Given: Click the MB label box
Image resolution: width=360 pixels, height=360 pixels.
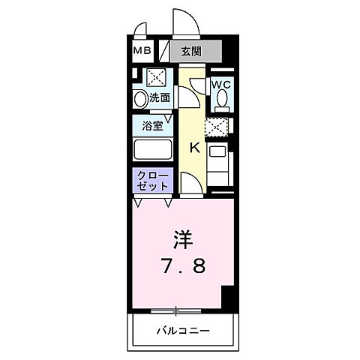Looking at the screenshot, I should [x=142, y=51].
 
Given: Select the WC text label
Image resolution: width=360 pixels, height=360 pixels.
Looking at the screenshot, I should [x=220, y=85].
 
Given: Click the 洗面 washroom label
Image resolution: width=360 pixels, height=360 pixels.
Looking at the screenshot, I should [x=159, y=97].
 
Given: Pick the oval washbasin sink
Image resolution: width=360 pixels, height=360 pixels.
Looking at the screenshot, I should [x=139, y=98].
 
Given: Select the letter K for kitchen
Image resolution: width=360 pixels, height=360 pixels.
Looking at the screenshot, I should [x=193, y=147].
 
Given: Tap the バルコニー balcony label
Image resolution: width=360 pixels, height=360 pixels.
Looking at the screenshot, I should [x=182, y=330].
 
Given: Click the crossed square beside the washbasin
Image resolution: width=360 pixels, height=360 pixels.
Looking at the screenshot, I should [x=157, y=77].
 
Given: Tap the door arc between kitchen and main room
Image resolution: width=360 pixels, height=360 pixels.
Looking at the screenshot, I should [x=190, y=184].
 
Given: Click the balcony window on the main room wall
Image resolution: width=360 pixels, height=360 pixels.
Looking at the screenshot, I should [x=177, y=309].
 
